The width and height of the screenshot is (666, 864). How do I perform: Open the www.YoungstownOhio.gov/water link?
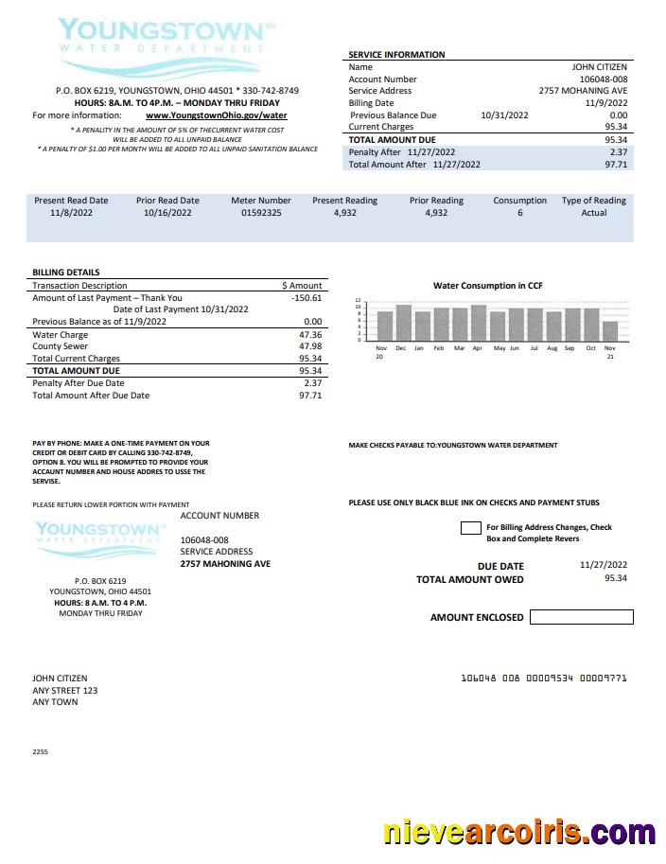click(x=216, y=115)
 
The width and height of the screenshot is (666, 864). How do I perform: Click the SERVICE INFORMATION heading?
click(x=396, y=55)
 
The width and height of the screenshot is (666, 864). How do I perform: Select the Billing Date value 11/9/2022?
click(x=605, y=103)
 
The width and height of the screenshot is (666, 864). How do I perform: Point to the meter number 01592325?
click(x=260, y=214)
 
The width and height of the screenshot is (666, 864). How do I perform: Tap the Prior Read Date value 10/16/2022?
click(x=167, y=214)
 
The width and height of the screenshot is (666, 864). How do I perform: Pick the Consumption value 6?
click(x=519, y=214)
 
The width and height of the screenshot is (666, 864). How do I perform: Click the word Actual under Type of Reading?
click(x=593, y=214)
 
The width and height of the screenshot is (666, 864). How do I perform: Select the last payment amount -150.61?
click(x=307, y=298)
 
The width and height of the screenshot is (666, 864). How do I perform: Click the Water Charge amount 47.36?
click(x=309, y=335)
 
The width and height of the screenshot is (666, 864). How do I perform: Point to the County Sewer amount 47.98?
click(x=309, y=347)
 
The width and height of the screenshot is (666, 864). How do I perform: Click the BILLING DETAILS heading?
click(x=66, y=273)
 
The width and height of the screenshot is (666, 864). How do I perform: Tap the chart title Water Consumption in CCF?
click(x=487, y=286)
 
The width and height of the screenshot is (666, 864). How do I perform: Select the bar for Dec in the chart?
click(x=403, y=323)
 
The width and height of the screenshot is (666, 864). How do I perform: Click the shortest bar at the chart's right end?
click(x=610, y=330)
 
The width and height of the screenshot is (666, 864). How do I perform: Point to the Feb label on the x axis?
click(x=438, y=348)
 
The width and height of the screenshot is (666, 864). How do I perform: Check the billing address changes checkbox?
click(x=470, y=528)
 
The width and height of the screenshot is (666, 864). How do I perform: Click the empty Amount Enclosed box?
click(x=581, y=617)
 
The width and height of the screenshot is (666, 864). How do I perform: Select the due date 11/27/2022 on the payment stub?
click(x=603, y=565)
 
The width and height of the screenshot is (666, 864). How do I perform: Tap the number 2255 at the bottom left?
click(x=40, y=751)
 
